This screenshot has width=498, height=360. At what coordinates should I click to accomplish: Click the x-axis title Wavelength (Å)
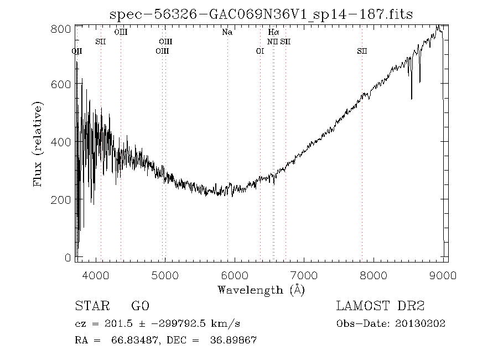point(261,289)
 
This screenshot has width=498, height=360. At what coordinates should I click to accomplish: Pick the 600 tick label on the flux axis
point(63,84)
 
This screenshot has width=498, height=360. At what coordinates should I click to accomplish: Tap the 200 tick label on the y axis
point(63,199)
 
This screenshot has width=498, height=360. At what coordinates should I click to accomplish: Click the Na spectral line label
point(227,33)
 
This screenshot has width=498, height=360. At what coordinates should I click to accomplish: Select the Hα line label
point(273,33)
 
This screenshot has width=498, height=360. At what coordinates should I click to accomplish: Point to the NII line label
point(272,42)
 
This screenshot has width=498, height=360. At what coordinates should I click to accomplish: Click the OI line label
point(260,51)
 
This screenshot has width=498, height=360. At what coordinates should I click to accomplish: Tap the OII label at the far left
point(77,51)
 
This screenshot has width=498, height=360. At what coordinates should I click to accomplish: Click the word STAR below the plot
point(90,306)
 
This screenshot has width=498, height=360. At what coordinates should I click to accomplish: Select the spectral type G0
point(140,306)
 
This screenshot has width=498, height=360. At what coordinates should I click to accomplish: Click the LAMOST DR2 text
point(380,306)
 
